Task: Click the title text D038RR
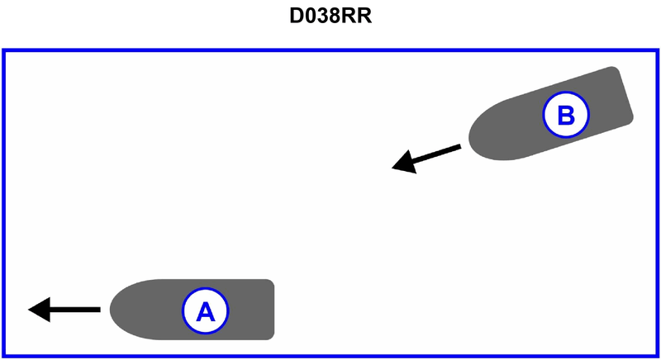coord(330,17)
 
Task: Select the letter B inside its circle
coord(566,115)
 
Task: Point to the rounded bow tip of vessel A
coord(112,310)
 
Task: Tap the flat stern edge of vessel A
coord(273,310)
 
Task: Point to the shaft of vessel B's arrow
coord(438,153)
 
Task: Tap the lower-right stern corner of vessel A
coord(272,338)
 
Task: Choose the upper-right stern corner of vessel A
coord(272,282)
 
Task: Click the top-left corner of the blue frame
coord(3,51)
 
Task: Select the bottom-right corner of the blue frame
coord(658,356)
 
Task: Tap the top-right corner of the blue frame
coord(658,51)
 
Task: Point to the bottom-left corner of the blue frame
coord(3,356)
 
